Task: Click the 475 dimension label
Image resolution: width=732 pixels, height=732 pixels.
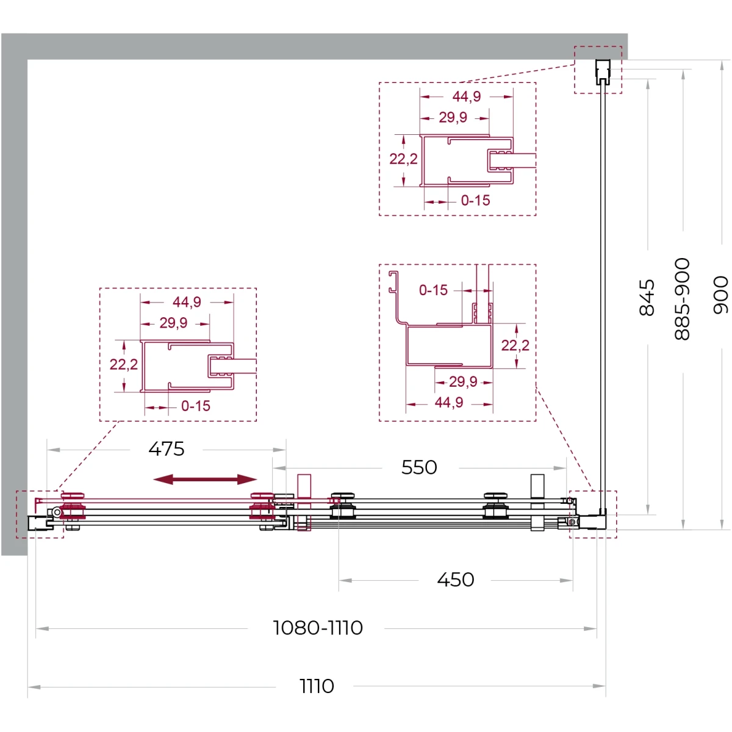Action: [167, 449]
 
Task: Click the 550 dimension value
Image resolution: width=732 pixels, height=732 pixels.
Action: [419, 467]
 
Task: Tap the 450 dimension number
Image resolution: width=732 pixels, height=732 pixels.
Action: [456, 579]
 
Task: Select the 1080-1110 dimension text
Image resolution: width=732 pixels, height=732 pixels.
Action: [318, 628]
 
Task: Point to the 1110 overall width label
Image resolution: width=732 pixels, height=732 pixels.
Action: [317, 686]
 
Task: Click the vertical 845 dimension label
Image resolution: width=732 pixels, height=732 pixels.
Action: [647, 298]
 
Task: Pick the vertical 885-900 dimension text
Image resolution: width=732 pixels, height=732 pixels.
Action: [682, 299]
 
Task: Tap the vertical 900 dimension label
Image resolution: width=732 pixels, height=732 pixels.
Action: [720, 295]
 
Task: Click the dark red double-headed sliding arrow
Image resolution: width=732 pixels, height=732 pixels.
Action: [205, 479]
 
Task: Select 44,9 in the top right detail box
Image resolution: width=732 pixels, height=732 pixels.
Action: [467, 96]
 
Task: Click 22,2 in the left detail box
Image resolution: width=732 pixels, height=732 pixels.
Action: [123, 364]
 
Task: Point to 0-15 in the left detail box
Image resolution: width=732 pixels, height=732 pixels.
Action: [196, 406]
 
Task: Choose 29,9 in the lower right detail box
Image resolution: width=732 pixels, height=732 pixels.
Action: [463, 382]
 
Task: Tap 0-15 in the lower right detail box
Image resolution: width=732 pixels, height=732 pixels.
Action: [434, 290]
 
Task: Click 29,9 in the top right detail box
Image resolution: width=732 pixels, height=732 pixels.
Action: [453, 117]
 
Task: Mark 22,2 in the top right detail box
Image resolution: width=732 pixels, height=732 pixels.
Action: [403, 159]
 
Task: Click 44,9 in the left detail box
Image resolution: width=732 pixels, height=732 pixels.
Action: [187, 302]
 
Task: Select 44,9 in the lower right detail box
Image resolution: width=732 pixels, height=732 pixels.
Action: [449, 402]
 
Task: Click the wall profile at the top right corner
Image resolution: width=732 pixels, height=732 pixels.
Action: [603, 72]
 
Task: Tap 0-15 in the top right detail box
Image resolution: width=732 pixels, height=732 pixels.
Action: [475, 201]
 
